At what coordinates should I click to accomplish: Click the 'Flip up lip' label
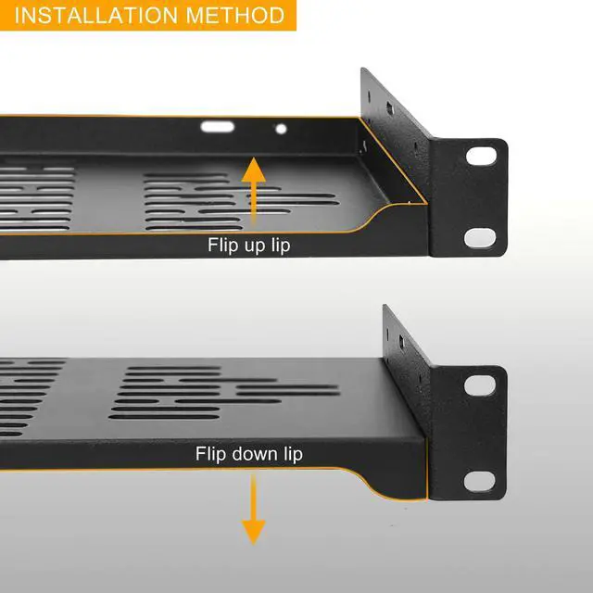(248, 246)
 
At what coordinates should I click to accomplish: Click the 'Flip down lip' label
(248, 454)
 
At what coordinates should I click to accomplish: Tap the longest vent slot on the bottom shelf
(287, 389)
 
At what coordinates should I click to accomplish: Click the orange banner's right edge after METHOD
(295, 15)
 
